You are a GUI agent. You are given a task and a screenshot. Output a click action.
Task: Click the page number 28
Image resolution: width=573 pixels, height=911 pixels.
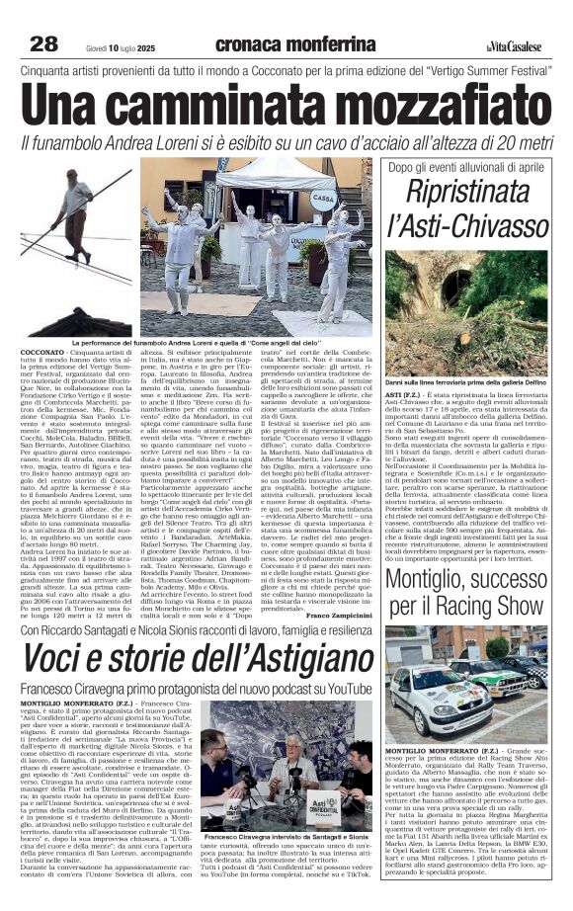point(44,43)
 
